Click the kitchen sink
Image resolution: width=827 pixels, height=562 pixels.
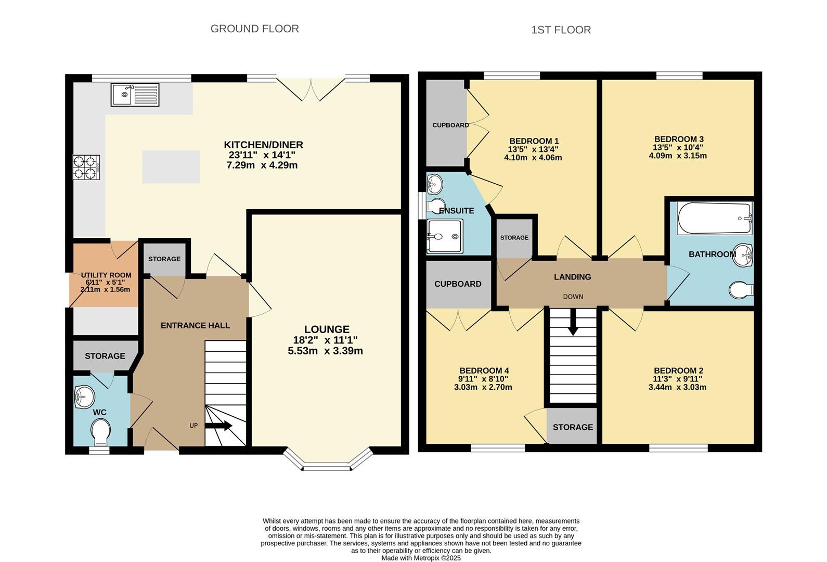click(x=135, y=95)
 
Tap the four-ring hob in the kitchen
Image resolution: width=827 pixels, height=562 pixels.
click(x=86, y=167)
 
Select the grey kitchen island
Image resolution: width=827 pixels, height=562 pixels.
click(x=171, y=167)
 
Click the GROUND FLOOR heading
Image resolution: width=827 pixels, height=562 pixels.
click(x=255, y=29)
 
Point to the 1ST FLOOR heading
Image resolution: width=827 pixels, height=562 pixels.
click(x=561, y=30)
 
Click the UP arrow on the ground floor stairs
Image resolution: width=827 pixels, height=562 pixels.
click(x=218, y=426)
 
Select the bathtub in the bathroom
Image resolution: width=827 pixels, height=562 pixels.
click(x=715, y=218)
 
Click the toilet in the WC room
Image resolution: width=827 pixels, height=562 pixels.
click(x=100, y=431)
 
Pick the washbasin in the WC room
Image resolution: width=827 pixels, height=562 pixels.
click(x=84, y=398)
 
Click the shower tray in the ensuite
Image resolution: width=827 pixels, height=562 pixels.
click(x=445, y=236)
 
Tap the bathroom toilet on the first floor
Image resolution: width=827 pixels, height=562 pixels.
click(x=741, y=290)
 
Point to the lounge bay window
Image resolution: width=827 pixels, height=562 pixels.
click(x=327, y=460)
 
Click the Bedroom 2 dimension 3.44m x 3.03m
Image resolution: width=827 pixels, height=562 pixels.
click(x=678, y=387)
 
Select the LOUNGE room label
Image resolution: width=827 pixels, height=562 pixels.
click(x=327, y=329)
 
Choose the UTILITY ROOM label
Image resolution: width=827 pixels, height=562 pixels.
click(x=106, y=275)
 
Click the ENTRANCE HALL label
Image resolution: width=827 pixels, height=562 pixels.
click(x=195, y=325)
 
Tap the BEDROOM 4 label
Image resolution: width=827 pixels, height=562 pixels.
click(x=484, y=371)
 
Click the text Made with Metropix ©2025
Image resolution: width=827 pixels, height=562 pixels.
click(x=421, y=558)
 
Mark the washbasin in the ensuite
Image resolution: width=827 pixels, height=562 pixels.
click(x=434, y=184)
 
